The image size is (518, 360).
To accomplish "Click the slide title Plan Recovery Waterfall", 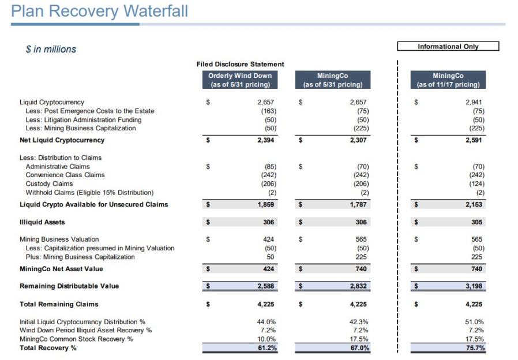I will click(x=99, y=11).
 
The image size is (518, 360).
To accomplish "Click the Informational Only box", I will click(x=448, y=47).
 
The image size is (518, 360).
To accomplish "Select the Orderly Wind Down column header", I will click(x=239, y=80).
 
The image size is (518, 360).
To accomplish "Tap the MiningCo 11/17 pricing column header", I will click(x=448, y=80).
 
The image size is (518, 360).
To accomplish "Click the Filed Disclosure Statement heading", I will click(x=240, y=64).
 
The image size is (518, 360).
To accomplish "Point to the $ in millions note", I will click(x=51, y=50).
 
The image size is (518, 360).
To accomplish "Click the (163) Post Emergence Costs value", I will click(x=269, y=111).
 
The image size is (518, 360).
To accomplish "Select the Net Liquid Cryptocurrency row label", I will click(x=54, y=140).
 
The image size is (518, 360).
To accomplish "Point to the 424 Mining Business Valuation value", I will click(x=269, y=239).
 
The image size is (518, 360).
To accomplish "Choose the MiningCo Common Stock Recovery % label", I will click(x=76, y=339).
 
